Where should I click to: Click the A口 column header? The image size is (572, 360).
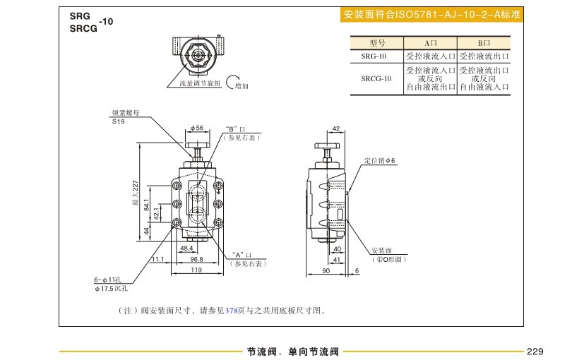pyautogui.click(x=431, y=43)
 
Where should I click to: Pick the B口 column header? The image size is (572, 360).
pyautogui.click(x=484, y=43)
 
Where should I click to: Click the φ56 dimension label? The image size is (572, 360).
pyautogui.click(x=197, y=128)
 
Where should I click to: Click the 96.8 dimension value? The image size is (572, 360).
pyautogui.click(x=197, y=259)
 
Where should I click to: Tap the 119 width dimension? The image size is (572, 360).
pyautogui.click(x=197, y=270)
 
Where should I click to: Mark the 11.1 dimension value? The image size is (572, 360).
pyautogui.click(x=157, y=259)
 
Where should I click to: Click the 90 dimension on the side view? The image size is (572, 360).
pyautogui.click(x=326, y=270)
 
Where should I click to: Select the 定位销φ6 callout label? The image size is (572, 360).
pyautogui.click(x=381, y=161)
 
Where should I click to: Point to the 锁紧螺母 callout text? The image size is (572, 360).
pyautogui.click(x=126, y=112)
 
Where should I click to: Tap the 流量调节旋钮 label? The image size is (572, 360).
pyautogui.click(x=195, y=83)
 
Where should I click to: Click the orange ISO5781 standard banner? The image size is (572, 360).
pyautogui.click(x=431, y=14)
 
